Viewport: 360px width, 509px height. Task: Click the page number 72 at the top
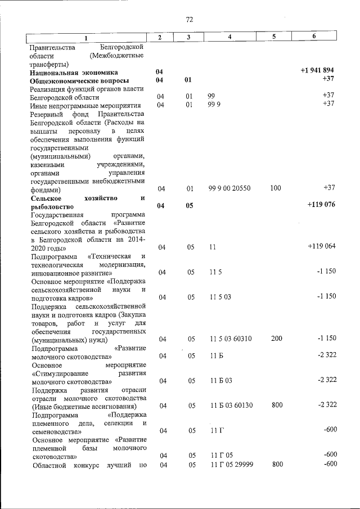(189, 20)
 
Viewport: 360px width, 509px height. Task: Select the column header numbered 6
(314, 37)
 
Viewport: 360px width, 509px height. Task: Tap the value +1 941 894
(318, 71)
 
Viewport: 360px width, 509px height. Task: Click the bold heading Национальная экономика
(74, 72)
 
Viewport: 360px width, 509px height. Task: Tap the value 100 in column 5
(275, 188)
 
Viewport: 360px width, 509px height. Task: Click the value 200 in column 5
(275, 339)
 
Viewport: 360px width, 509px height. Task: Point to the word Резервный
(48, 115)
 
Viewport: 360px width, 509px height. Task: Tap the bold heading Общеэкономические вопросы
(80, 81)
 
